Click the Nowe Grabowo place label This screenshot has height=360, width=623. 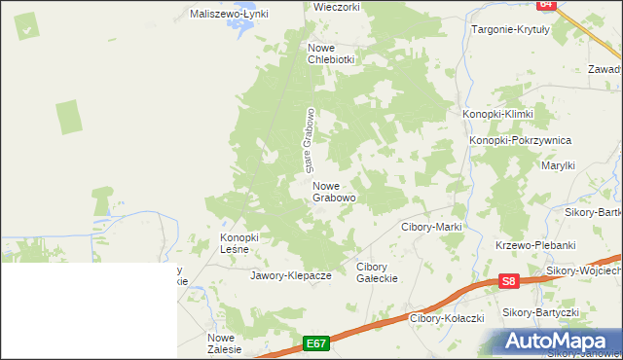[x=334, y=191]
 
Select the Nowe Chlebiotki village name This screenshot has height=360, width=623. [x=332, y=53]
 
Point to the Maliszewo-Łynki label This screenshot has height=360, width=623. [x=229, y=14]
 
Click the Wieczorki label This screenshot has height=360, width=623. [x=337, y=6]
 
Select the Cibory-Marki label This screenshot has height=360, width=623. [x=431, y=227]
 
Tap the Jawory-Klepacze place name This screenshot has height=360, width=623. [x=291, y=275]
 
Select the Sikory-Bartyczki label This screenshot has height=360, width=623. [x=540, y=312]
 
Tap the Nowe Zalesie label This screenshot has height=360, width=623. [x=222, y=342]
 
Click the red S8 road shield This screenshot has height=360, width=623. [x=507, y=282]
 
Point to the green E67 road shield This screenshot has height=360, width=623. [x=315, y=343]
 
